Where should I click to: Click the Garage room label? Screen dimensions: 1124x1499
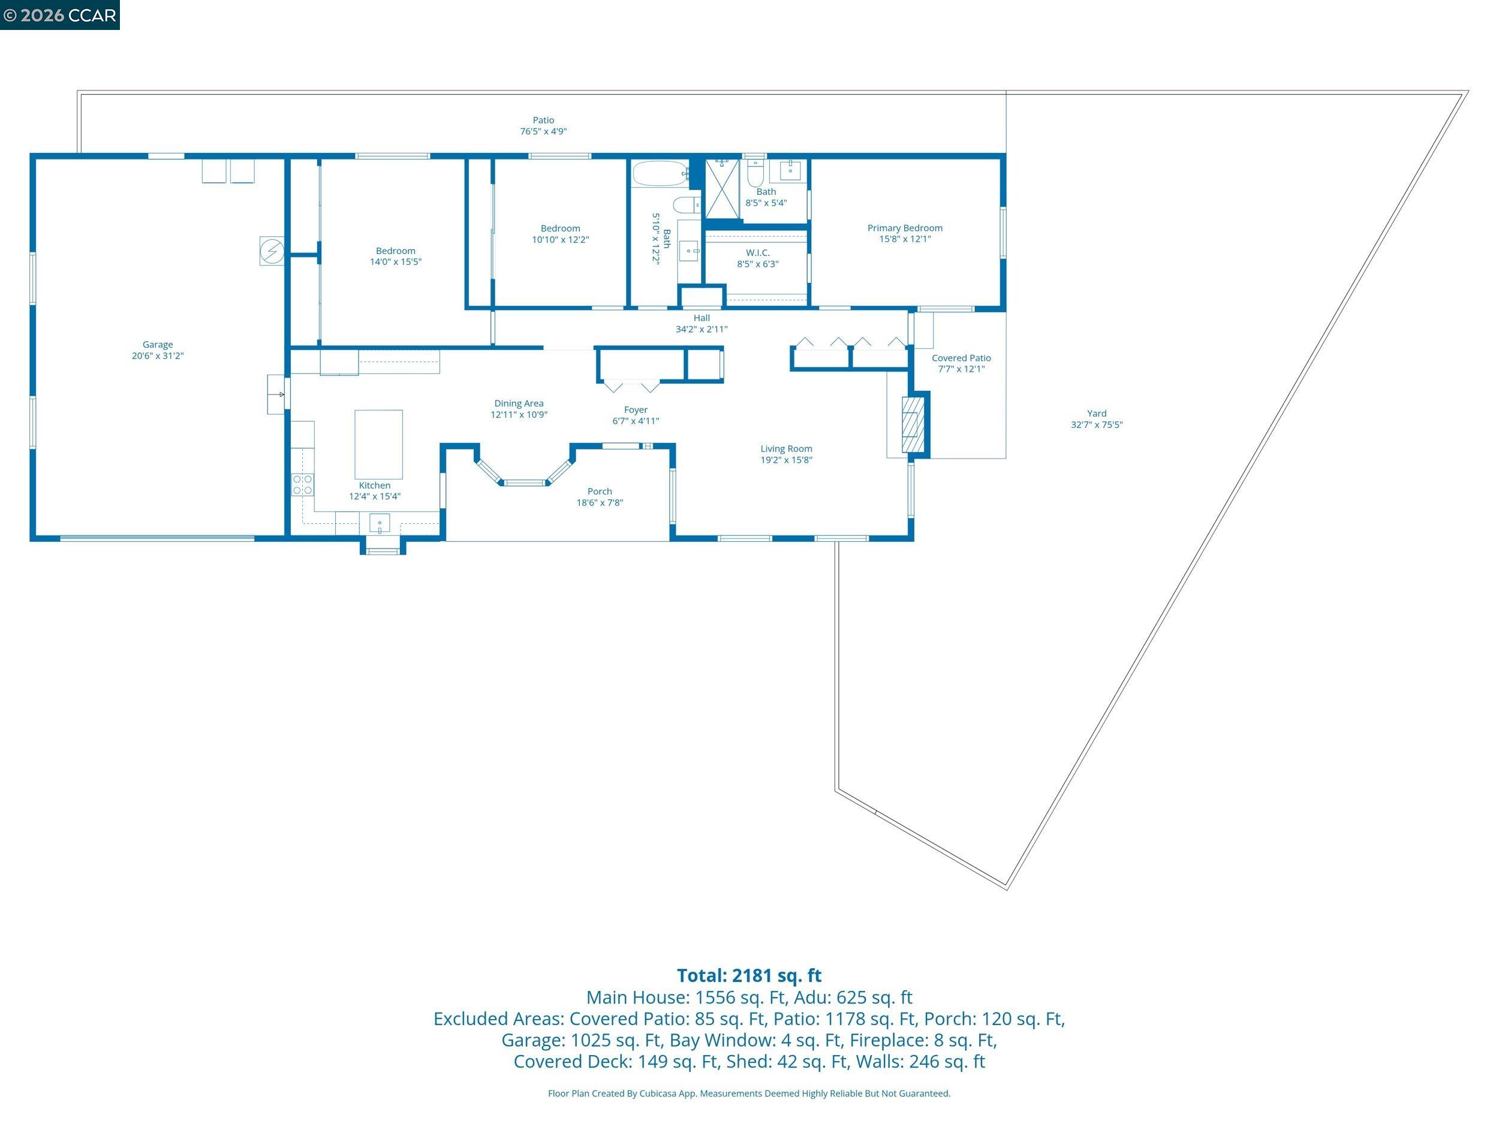157,345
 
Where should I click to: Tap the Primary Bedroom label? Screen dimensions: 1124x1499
905,228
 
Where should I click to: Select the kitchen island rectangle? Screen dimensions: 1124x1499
378,444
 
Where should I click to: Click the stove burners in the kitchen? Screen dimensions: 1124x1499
302,484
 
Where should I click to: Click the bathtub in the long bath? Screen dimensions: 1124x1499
660,173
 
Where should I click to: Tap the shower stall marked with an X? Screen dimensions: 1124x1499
722,189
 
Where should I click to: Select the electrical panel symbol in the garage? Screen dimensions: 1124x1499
272,251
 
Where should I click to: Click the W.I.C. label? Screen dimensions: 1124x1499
758,253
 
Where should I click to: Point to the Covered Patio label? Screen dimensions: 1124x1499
961,358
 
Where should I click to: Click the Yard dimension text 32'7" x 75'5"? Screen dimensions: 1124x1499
1097,425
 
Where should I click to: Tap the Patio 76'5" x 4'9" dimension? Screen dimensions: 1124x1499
543,131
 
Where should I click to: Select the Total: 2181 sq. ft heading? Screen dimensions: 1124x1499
749,975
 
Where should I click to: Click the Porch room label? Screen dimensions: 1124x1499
599,491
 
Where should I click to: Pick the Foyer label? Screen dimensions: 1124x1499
636,410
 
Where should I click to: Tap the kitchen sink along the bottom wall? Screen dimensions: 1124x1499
380,524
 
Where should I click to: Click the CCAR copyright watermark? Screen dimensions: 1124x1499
59,15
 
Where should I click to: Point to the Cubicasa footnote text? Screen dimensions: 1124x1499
749,1093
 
